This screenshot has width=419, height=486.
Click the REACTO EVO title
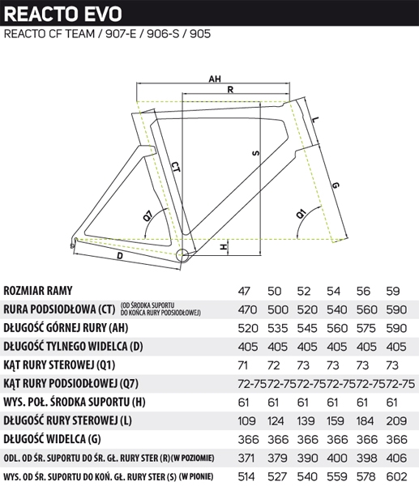(63, 14)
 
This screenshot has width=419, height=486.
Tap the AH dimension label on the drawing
(215, 79)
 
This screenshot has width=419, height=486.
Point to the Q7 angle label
(148, 215)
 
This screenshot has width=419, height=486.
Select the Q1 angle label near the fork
(301, 214)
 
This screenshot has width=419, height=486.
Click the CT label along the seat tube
(176, 171)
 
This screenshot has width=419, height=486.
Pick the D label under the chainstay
(120, 256)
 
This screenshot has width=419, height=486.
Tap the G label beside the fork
(336, 185)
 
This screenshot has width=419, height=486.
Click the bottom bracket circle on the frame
(182, 255)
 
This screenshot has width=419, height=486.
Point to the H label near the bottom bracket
(224, 247)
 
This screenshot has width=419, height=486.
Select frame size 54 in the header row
(333, 291)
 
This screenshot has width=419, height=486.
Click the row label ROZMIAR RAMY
(38, 291)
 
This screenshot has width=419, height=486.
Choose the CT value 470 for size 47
(247, 309)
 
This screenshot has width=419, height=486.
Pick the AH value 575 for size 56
(366, 328)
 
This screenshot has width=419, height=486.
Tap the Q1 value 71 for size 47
(243, 365)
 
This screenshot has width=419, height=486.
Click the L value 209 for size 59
(396, 421)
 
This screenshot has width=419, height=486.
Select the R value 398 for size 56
(366, 458)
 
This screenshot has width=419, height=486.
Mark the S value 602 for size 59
(396, 476)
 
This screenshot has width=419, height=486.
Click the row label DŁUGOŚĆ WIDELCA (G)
(52, 439)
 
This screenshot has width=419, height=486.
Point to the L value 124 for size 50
(276, 421)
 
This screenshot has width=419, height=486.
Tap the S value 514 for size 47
(246, 476)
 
